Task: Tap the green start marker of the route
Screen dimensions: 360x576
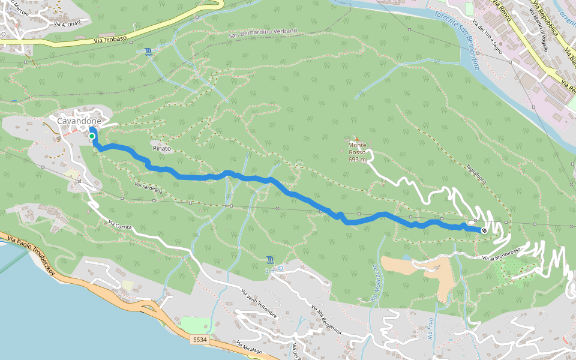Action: (x=92, y=137)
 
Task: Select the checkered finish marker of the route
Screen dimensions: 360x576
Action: (x=484, y=230)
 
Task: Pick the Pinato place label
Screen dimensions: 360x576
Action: (x=161, y=148)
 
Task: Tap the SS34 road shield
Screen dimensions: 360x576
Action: (x=200, y=340)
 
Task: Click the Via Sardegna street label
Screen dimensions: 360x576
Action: (x=148, y=188)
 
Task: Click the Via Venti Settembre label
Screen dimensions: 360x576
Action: (x=259, y=304)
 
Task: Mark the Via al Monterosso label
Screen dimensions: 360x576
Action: (x=501, y=254)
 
